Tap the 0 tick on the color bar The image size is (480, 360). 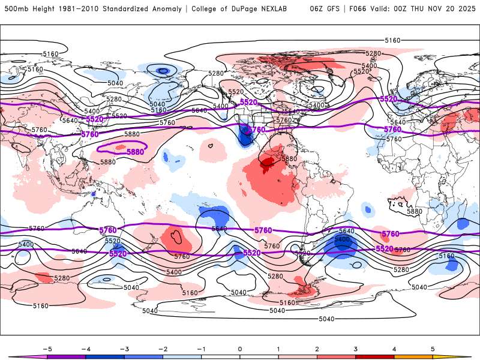pos(240,349)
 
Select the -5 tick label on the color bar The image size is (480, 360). pos(46,349)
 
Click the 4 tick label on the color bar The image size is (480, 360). pos(395,349)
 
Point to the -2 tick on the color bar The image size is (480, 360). pos(163,349)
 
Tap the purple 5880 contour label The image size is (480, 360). pos(135,152)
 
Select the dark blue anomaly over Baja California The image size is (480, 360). pos(244,137)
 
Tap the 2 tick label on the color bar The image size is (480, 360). pos(317,349)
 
